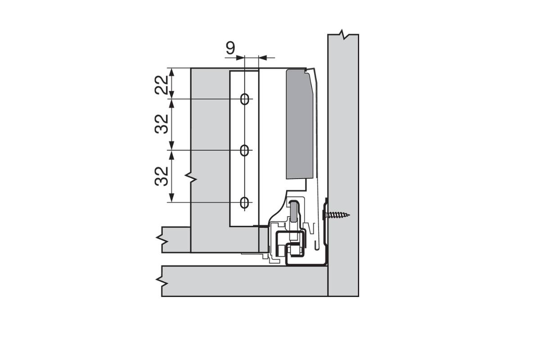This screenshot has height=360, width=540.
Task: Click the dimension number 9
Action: [230, 48]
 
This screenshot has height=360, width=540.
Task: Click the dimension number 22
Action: [161, 85]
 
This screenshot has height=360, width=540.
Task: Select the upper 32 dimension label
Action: [161, 124]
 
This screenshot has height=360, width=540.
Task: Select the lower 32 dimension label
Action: [161, 176]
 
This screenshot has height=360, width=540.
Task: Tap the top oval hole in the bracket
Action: [244, 99]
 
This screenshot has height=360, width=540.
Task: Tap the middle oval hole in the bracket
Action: [244, 150]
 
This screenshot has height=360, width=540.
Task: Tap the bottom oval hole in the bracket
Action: [244, 202]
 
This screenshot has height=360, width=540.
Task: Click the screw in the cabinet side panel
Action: [336, 214]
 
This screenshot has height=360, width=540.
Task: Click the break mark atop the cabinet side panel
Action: [343, 34]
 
